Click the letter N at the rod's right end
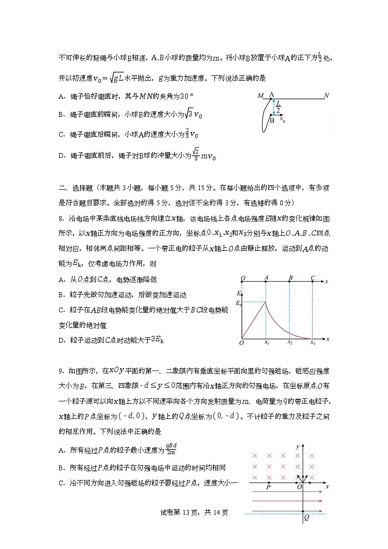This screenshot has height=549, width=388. [326, 95]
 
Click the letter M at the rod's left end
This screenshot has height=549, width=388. [260, 95]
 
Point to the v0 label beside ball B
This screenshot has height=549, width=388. [282, 119]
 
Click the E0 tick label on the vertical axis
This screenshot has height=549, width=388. [238, 304]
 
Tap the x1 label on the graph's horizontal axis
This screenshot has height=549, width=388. [267, 343]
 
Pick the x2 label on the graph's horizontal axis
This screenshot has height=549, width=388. [290, 343]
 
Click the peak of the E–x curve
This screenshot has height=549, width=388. [266, 302]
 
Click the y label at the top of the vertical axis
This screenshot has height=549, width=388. [297, 447]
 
